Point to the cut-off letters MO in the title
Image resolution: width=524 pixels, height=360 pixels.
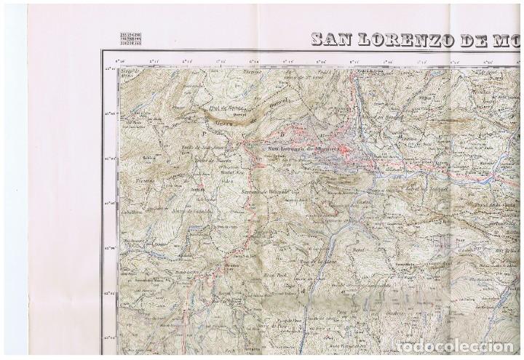click(x=512, y=39)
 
